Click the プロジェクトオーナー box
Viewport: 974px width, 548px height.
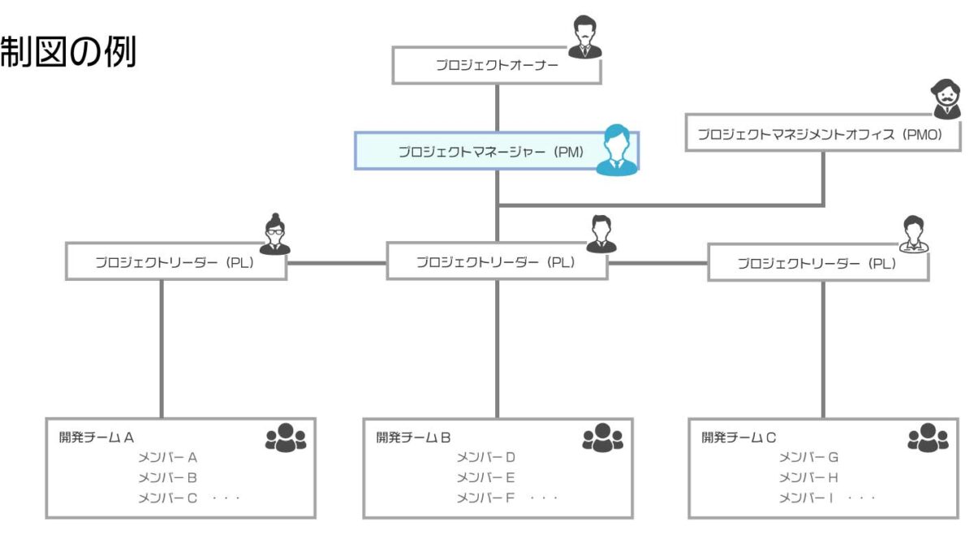pyautogui.click(x=497, y=66)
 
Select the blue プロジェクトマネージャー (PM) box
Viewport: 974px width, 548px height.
pyautogui.click(x=479, y=152)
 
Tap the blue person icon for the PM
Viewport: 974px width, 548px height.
pyautogui.click(x=615, y=150)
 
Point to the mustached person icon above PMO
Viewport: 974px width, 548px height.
pyautogui.click(x=946, y=99)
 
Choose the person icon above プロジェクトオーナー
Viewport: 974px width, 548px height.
pyautogui.click(x=584, y=37)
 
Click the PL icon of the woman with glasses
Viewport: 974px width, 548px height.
pyautogui.click(x=274, y=235)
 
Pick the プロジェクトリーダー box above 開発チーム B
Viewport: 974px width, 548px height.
pyautogui.click(x=496, y=262)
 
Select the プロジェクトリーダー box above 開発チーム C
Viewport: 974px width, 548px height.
pyautogui.click(x=817, y=263)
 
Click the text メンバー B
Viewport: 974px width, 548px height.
pyautogui.click(x=168, y=477)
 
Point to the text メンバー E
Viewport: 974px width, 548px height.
pyautogui.click(x=485, y=477)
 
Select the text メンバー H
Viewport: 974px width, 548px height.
pyautogui.click(x=808, y=477)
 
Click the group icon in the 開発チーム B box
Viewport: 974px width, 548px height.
pyautogui.click(x=602, y=438)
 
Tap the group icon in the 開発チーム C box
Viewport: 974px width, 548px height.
pyautogui.click(x=927, y=438)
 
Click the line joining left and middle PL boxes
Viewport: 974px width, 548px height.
pyautogui.click(x=336, y=263)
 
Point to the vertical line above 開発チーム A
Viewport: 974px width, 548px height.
pyautogui.click(x=161, y=349)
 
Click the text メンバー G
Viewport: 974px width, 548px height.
pyautogui.click(x=808, y=457)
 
